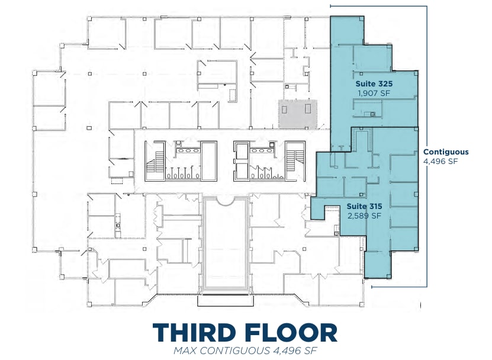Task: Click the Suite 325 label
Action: click(x=374, y=83)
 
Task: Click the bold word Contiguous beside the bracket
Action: click(x=445, y=152)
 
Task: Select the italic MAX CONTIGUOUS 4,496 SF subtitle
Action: click(x=245, y=351)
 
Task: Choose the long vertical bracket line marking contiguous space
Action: click(x=427, y=148)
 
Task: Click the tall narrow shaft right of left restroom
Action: click(x=209, y=160)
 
